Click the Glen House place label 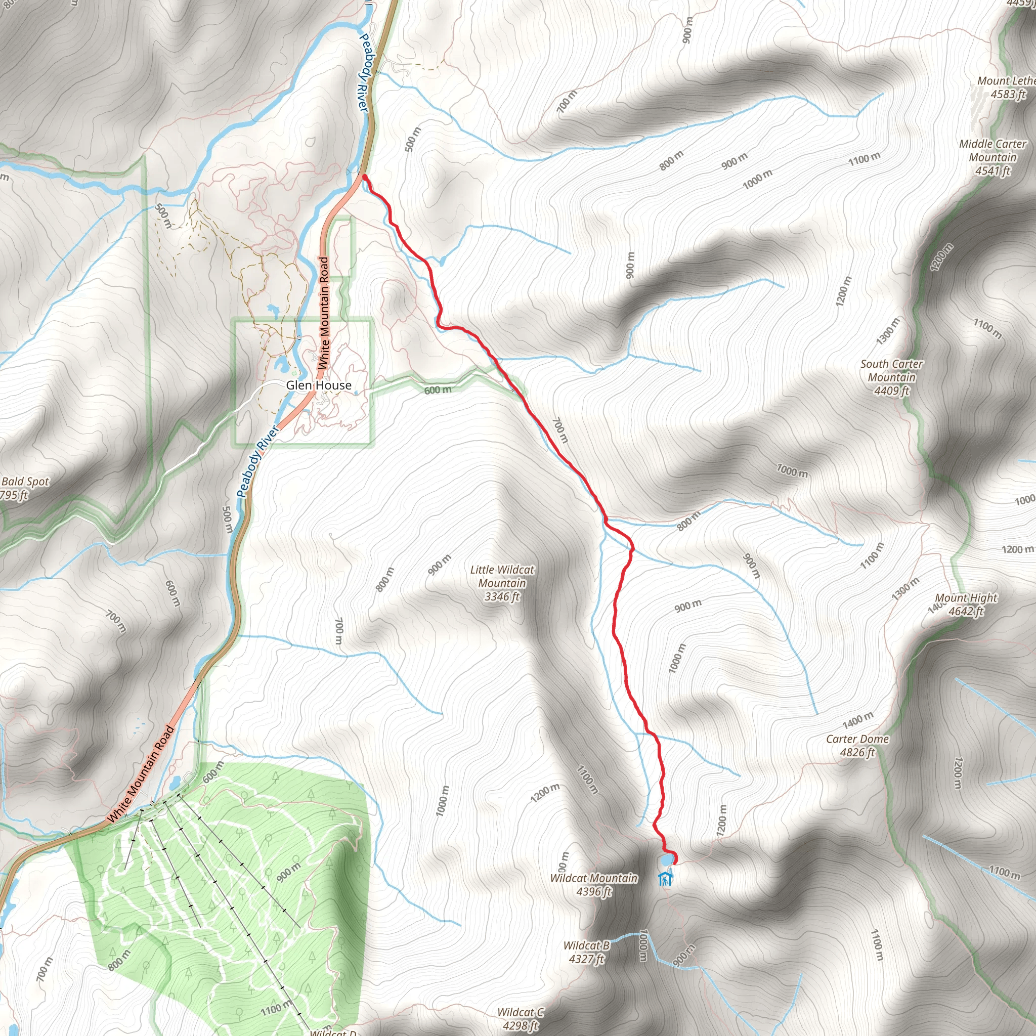tap(319, 385)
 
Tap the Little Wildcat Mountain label tap(502, 583)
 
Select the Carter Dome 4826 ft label tap(857, 745)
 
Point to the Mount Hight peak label tap(966, 605)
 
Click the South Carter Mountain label tap(891, 377)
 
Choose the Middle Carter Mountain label tap(992, 157)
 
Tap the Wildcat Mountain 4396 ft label tap(593, 885)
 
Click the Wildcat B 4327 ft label tap(586, 952)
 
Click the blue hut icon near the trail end tap(665, 879)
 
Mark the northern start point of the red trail tap(365, 177)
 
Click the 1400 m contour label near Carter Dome tap(858, 720)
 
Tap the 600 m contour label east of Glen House tap(438, 390)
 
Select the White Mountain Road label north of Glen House tap(323, 313)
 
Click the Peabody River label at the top tap(364, 72)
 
